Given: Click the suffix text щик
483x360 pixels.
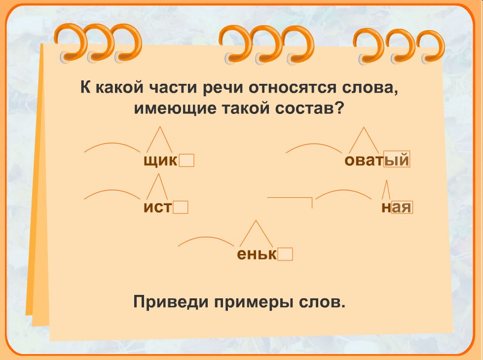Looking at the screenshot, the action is pos(160,161).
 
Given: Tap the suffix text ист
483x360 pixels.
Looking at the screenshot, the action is pos(157,207).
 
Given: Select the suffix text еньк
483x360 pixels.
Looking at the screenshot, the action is pos(257,254).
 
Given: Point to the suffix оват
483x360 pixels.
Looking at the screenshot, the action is pos(364,160).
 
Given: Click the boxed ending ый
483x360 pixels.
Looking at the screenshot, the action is pos(397,159).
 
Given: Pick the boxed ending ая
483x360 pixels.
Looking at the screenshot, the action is pos(402,207).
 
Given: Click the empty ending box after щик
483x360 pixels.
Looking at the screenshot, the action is pos(186,160).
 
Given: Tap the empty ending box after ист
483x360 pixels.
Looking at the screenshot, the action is pos(181,207).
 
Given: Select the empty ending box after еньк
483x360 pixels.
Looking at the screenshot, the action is pos(285,254).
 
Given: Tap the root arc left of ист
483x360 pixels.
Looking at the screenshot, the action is pos(112,190).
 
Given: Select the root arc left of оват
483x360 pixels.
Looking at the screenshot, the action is pos(314,144).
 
